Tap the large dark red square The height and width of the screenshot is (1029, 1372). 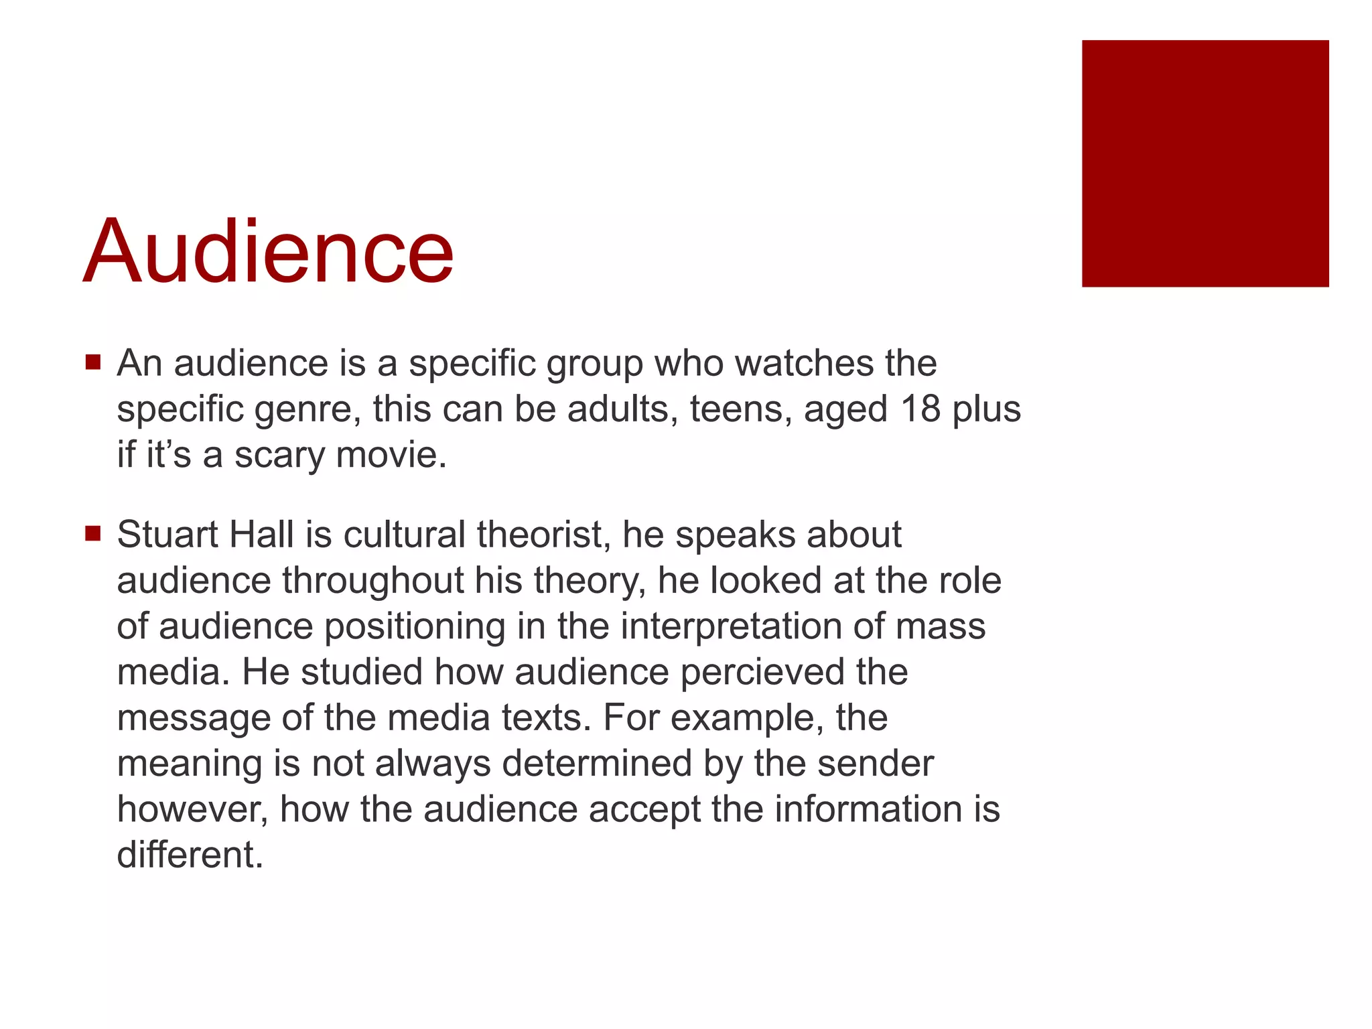click(1205, 163)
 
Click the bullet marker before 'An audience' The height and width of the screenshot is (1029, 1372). click(92, 362)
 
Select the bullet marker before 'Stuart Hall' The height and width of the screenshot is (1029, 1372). click(92, 534)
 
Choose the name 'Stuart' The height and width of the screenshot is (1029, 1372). click(167, 535)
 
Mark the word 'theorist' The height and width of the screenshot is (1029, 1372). click(543, 535)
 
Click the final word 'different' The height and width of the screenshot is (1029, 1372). click(190, 855)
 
